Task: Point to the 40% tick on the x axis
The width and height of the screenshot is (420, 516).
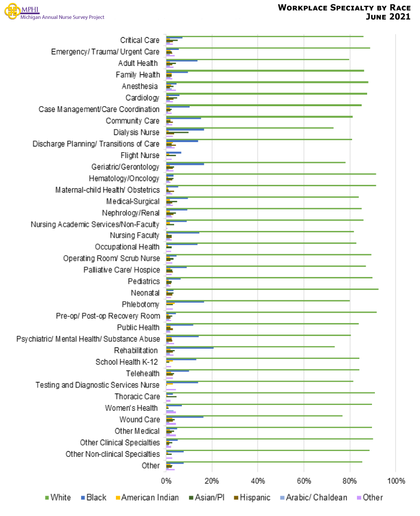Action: click(258, 481)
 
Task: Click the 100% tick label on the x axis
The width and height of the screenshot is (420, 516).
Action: click(396, 481)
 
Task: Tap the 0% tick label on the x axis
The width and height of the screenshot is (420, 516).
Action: click(166, 481)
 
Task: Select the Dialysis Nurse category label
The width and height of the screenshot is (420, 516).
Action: click(136, 132)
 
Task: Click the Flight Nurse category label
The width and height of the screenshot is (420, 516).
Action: click(140, 156)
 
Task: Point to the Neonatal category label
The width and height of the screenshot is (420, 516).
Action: click(145, 293)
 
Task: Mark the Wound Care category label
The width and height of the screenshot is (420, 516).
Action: click(139, 419)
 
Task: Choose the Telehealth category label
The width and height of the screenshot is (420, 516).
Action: click(143, 373)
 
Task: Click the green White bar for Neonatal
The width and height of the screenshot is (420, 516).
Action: click(272, 289)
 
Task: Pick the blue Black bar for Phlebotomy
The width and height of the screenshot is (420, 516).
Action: click(185, 302)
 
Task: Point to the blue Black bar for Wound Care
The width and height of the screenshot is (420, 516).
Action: click(185, 417)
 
